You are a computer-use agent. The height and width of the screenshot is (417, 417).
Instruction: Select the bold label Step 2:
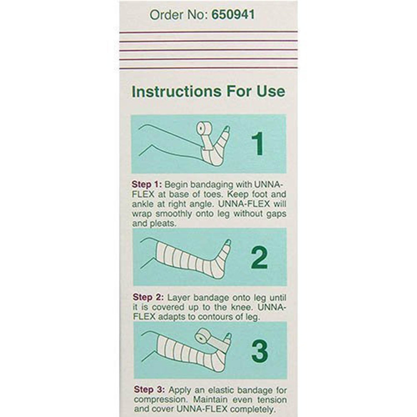pyautogui.click(x=148, y=297)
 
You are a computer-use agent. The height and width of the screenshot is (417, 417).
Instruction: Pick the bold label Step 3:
pyautogui.click(x=149, y=390)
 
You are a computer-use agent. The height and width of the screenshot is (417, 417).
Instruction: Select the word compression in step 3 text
pyautogui.click(x=158, y=400)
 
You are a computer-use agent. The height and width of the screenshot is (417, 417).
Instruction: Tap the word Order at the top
pyautogui.click(x=165, y=14)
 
